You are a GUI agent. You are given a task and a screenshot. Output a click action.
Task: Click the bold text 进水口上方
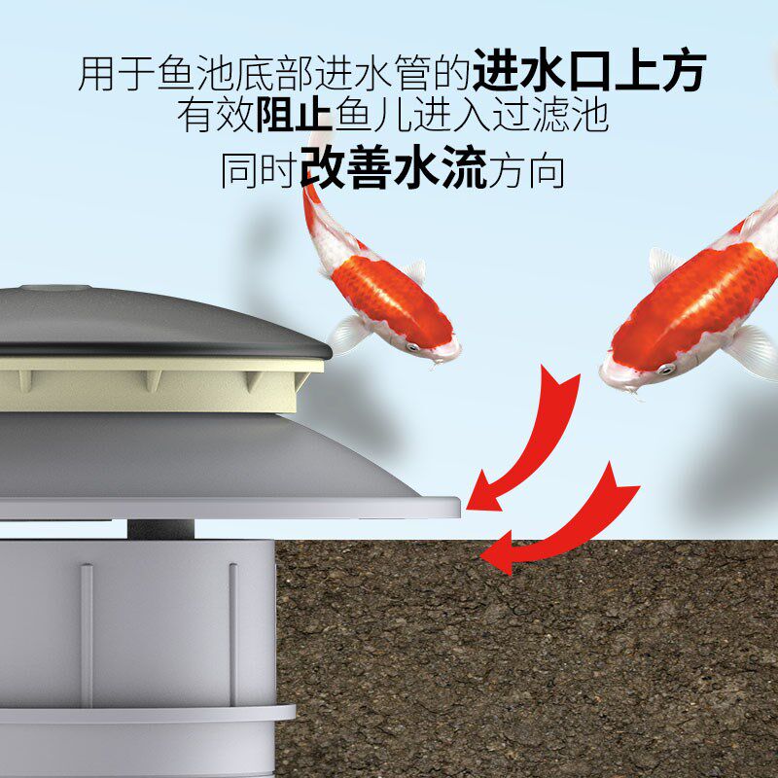589,70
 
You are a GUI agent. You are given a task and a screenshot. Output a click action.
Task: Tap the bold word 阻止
295,116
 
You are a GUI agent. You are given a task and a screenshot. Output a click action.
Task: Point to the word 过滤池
550,116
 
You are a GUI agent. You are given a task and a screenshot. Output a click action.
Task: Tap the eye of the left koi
412,347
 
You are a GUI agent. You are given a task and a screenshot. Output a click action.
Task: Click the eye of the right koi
666,369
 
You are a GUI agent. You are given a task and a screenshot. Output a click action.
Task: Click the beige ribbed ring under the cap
159,384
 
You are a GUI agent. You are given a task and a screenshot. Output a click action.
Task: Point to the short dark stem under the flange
160,530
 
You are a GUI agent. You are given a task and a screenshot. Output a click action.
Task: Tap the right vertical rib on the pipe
233,634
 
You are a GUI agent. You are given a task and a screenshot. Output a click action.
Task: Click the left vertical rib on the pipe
87,634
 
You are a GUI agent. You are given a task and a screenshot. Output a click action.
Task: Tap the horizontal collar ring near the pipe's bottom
148,715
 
